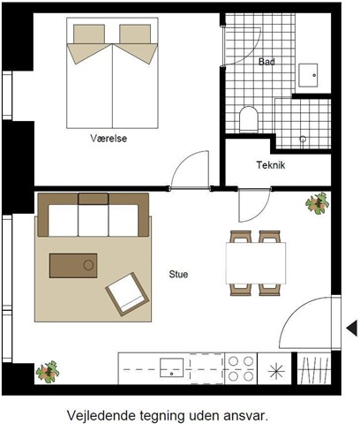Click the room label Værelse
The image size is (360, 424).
coord(109,138)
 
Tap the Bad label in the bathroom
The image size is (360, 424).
coord(266,62)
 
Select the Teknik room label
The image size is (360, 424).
coord(271,165)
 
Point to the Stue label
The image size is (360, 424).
coord(178,274)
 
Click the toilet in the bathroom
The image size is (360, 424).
coord(249,119)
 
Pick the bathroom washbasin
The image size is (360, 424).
coord(308,75)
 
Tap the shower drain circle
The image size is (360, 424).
coord(303,139)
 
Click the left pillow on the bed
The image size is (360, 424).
coord(89,34)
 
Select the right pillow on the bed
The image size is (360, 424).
coord(135,34)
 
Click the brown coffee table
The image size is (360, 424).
coord(73,266)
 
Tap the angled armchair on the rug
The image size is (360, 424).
coord(127,294)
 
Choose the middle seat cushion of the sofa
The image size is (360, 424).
coord(94,220)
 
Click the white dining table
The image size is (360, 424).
coord(256,263)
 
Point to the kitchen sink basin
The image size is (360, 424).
coord(171,367)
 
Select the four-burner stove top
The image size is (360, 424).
coord(241,368)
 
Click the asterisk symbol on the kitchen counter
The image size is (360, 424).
coord(276,371)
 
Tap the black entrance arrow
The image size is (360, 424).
coord(352,329)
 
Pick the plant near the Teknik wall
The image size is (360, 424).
coord(317,203)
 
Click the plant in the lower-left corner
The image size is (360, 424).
coord(48,372)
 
